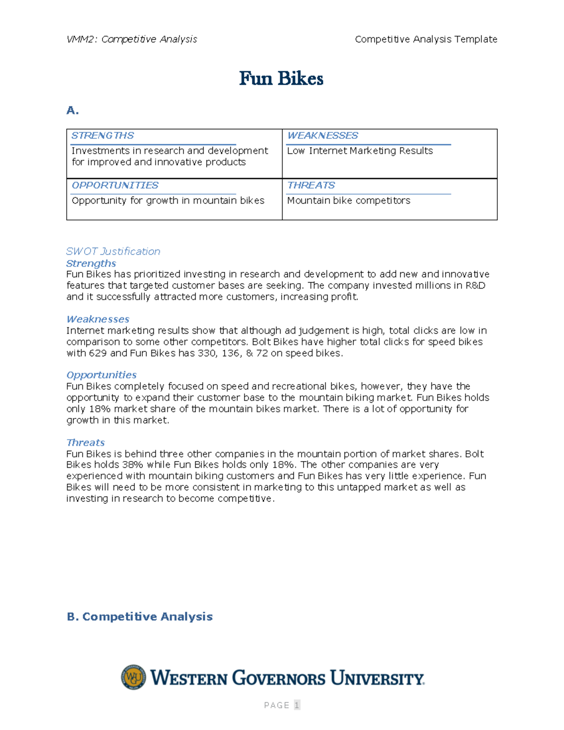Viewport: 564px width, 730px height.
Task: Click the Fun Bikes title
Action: (281, 78)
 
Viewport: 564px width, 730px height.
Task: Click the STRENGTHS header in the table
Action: (102, 136)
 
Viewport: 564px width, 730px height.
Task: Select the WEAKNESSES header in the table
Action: (322, 136)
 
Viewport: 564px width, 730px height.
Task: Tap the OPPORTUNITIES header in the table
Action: (115, 186)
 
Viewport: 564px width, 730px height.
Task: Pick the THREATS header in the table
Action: (311, 186)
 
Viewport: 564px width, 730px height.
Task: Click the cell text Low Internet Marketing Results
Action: (360, 151)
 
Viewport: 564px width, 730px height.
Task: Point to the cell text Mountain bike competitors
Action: (348, 201)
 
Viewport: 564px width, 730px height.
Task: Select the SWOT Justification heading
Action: (113, 251)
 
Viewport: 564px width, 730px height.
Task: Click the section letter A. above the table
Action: (72, 110)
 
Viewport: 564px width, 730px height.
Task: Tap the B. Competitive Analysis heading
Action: (140, 617)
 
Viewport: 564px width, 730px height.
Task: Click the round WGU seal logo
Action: (133, 677)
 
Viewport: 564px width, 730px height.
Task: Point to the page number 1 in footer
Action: (297, 705)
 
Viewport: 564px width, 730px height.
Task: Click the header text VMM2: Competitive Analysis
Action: (132, 39)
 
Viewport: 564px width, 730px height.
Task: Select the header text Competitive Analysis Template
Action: (426, 39)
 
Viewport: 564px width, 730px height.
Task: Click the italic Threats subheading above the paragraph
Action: (85, 443)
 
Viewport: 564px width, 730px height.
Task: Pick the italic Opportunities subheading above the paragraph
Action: (101, 375)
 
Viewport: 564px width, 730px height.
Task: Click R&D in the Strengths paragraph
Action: (475, 286)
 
